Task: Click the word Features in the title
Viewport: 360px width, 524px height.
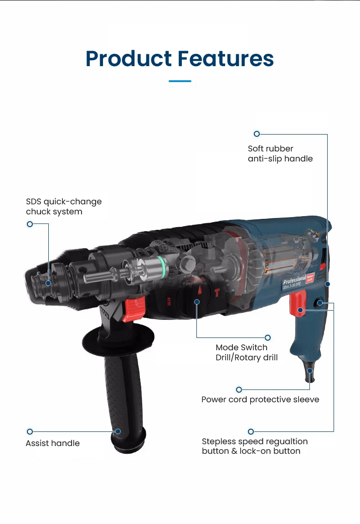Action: [x=226, y=58]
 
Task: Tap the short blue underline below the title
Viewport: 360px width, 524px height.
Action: [x=180, y=81]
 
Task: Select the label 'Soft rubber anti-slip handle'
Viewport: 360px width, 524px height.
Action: [x=280, y=154]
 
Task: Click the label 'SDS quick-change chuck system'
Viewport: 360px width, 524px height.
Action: [x=63, y=207]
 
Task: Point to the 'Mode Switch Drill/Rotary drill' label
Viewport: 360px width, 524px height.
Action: [x=247, y=353]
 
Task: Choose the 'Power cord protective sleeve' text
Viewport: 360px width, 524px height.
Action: [x=260, y=399]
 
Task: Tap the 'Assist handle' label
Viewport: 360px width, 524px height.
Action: [x=52, y=443]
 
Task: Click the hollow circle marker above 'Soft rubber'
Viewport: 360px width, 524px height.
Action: [x=257, y=134]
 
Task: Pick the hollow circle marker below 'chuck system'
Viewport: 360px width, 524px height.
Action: [x=30, y=224]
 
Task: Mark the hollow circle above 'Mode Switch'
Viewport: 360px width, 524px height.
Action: [x=267, y=337]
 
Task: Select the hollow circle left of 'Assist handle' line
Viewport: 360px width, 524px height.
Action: [x=30, y=431]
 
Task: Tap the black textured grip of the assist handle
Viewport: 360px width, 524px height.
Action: [x=119, y=397]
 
